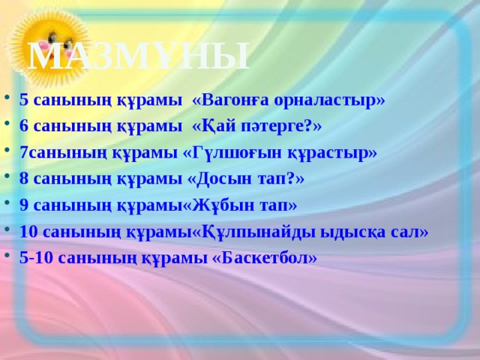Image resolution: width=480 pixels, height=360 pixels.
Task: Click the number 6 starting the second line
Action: pos(24,126)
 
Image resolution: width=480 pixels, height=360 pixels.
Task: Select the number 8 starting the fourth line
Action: pos(24,178)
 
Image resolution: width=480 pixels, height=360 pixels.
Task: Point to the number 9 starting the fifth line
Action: pos(24,205)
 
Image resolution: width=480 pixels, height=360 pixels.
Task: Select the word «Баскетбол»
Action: pos(259,257)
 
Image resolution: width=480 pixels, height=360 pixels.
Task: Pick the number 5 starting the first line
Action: pos(24,100)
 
